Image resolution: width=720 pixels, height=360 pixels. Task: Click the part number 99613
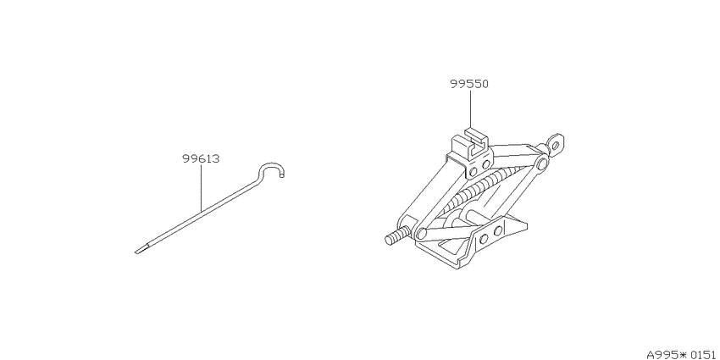(201, 159)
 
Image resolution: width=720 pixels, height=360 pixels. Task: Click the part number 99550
(468, 84)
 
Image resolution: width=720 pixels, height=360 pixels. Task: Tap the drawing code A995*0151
(681, 354)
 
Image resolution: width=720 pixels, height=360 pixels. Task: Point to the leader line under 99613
(201, 188)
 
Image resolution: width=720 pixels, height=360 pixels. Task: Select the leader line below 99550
(471, 109)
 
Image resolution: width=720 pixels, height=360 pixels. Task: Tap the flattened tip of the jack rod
(141, 249)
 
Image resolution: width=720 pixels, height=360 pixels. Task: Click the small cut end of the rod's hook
(283, 174)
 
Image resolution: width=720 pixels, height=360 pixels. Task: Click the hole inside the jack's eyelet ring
(556, 146)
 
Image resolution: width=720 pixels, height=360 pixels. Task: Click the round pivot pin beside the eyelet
(542, 164)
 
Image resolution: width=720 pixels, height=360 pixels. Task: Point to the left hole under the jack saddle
(473, 172)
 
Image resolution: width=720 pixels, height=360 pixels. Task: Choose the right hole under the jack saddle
(485, 165)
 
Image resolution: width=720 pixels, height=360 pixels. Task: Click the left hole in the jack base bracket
(483, 238)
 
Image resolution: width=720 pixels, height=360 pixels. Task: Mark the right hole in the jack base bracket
(497, 230)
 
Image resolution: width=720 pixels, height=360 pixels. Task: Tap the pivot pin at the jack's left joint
(421, 233)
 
